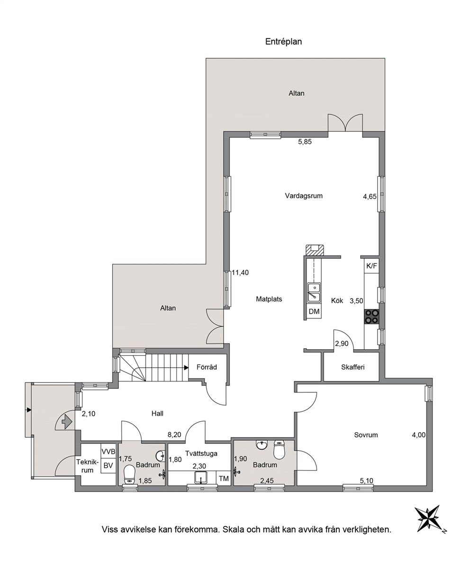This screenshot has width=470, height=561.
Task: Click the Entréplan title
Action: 283,42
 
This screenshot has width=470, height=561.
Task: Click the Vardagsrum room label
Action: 304,196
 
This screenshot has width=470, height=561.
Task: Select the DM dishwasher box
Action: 314,312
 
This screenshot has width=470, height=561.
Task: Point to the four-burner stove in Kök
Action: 371,317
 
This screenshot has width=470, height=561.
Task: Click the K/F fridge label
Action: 371,266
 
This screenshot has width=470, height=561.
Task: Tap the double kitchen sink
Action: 314,292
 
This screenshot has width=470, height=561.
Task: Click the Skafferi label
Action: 352,367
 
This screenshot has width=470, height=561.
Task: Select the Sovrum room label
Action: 366,435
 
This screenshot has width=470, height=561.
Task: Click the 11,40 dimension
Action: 240,272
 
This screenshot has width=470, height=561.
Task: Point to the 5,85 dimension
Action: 305,142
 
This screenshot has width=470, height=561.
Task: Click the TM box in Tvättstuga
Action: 224,479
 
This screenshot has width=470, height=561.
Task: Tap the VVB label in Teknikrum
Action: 108,452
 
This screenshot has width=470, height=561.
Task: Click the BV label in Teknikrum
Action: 108,466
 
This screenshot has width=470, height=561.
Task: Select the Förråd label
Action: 207,367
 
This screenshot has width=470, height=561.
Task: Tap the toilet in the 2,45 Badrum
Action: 278,450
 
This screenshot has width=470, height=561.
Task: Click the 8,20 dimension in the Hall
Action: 174,434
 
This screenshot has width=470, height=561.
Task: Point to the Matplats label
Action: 269,299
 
